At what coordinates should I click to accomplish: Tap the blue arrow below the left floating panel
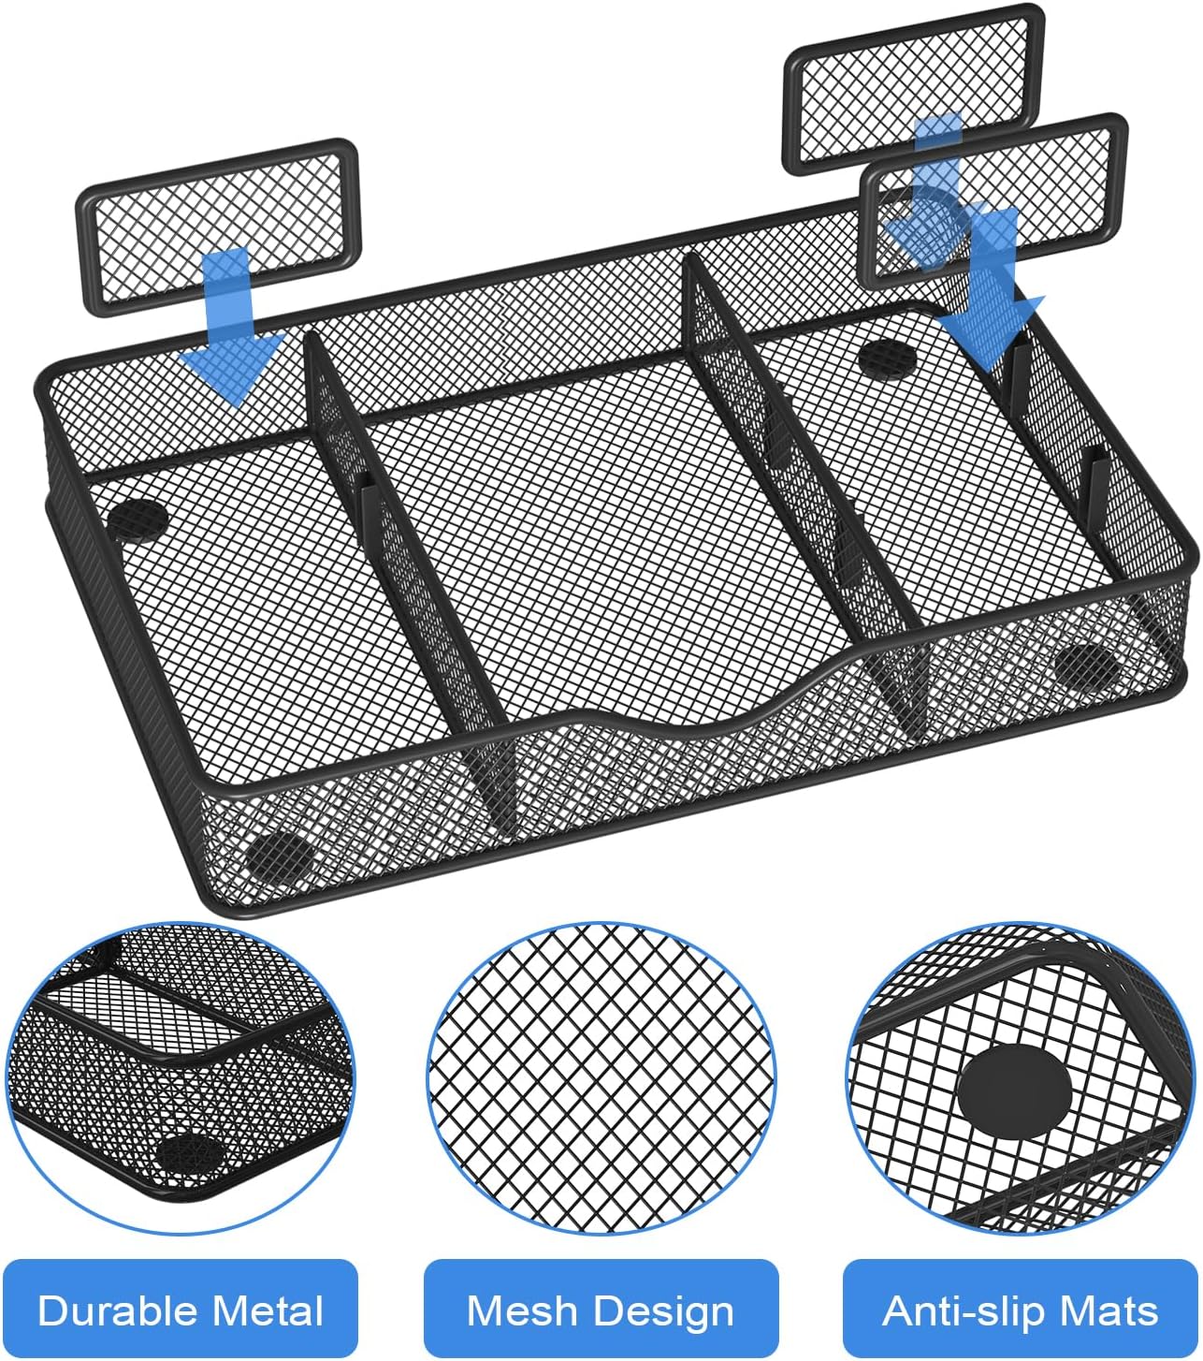click(230, 337)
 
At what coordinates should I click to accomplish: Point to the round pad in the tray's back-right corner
click(887, 358)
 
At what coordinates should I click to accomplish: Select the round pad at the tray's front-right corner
click(1087, 665)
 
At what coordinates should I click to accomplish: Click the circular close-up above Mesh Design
click(601, 1076)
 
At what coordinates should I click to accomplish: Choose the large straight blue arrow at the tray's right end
click(992, 290)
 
